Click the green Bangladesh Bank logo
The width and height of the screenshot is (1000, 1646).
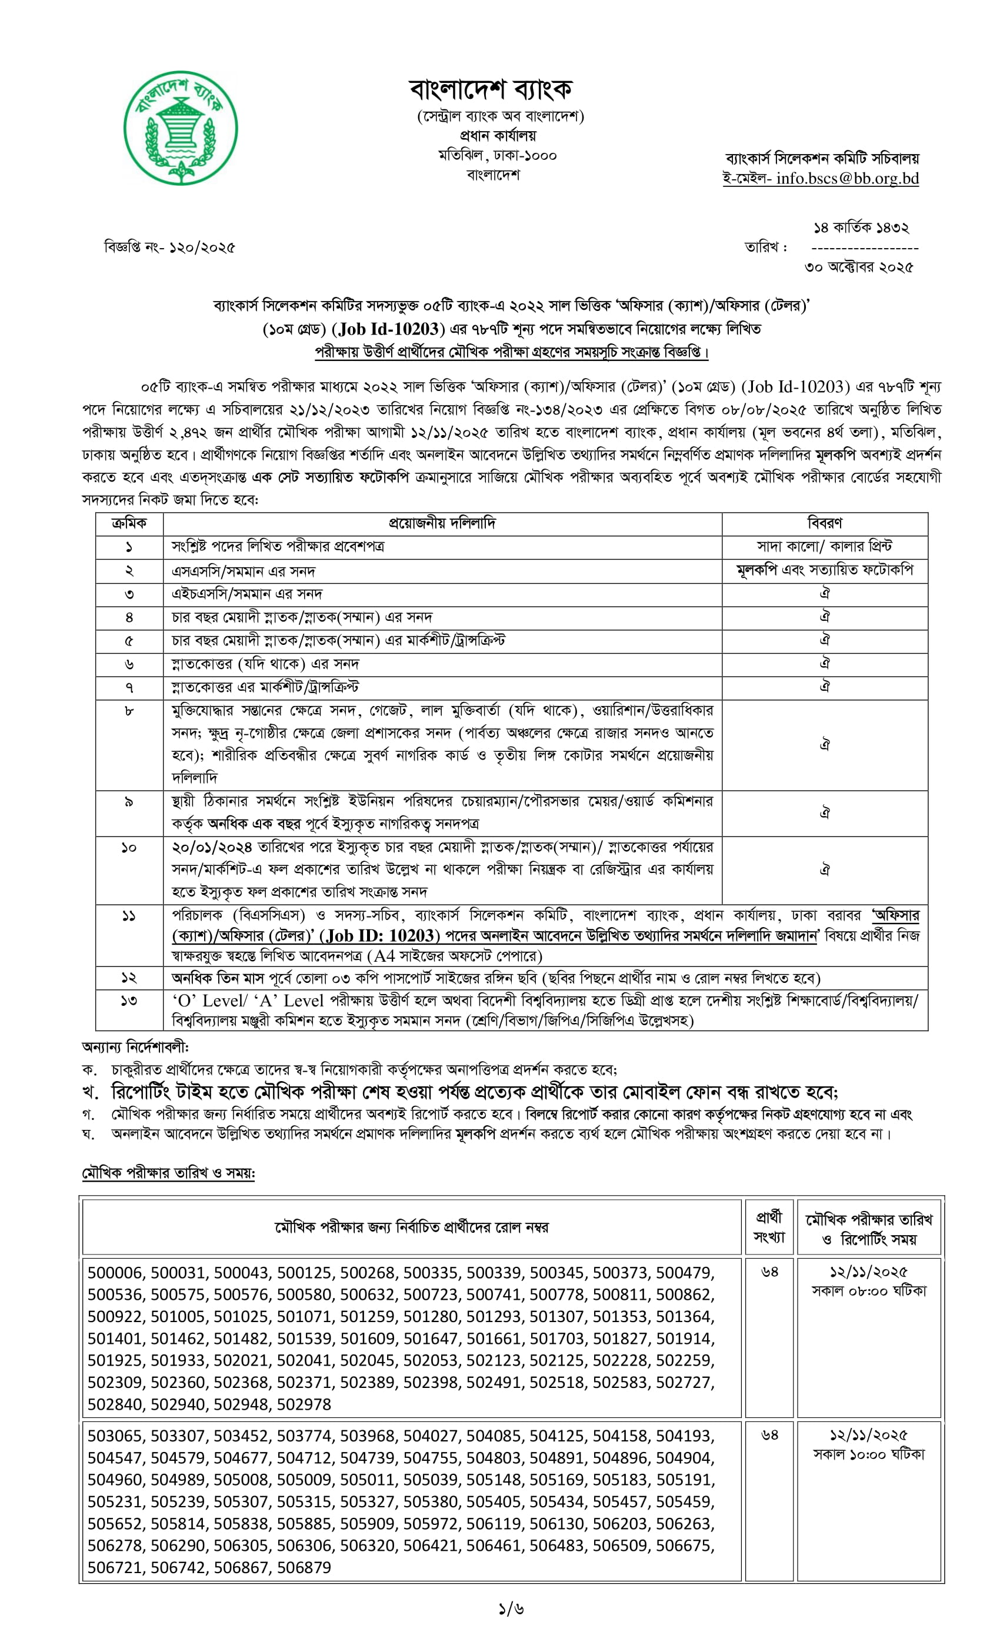click(x=181, y=128)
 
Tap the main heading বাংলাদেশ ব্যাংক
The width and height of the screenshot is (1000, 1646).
click(x=491, y=89)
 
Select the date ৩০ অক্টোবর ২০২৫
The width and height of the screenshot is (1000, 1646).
click(x=858, y=267)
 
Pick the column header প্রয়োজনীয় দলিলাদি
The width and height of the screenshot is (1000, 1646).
click(x=442, y=523)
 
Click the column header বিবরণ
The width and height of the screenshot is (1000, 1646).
click(x=824, y=523)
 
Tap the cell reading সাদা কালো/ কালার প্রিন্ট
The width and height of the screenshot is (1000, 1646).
click(x=824, y=547)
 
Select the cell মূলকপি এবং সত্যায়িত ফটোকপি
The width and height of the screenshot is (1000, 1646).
click(x=824, y=570)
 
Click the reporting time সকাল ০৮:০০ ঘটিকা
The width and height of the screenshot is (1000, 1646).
click(x=869, y=1292)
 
